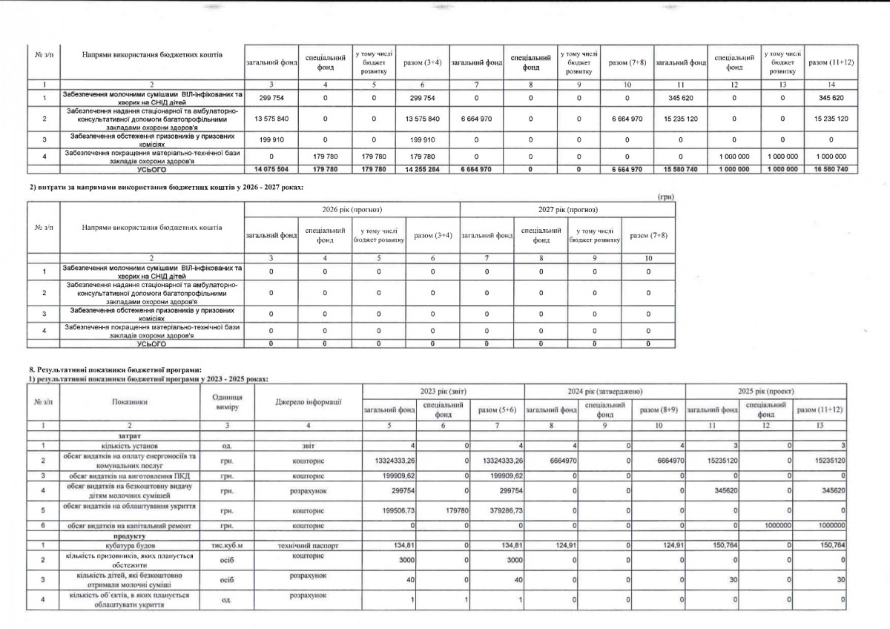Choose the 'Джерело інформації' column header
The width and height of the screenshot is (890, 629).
[308, 402]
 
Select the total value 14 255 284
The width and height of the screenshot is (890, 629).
[423, 170]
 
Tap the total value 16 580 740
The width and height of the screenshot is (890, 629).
[831, 170]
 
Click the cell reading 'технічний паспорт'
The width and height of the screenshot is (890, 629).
[308, 545]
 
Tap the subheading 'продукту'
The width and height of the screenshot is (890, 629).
[128, 536]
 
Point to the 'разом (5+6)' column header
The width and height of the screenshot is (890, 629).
[497, 409]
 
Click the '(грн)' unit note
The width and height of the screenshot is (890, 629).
[665, 197]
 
